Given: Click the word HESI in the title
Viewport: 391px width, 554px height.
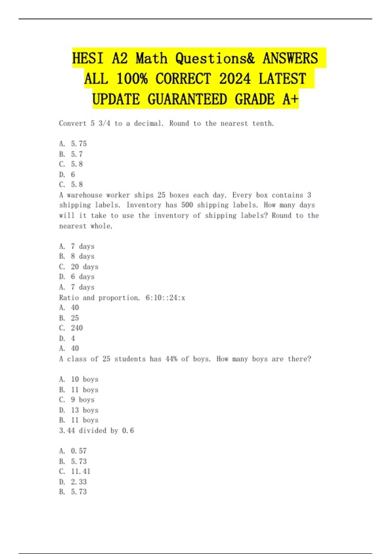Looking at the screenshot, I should click(88, 59).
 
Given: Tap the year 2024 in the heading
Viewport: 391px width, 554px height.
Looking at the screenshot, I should click(235, 79).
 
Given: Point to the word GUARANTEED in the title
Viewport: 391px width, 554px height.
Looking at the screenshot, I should click(187, 99).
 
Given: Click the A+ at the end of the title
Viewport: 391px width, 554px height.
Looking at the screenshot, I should click(290, 99).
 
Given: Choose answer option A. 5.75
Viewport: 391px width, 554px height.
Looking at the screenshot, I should click(73, 144).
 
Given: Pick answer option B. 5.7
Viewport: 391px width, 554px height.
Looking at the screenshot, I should click(71, 154).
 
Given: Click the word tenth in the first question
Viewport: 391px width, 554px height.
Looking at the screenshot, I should click(263, 124).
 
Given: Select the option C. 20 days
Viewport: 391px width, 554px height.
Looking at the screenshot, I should click(79, 267).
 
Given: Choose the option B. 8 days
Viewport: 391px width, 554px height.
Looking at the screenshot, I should click(77, 256).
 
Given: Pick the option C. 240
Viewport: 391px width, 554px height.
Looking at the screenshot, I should click(71, 328).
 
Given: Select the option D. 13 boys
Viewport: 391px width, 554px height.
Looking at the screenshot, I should click(79, 410).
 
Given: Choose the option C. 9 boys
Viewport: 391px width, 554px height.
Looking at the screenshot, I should click(77, 400).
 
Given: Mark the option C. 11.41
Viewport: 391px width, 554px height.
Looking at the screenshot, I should click(75, 472).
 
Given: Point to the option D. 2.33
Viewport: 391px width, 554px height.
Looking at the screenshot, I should click(73, 482).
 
